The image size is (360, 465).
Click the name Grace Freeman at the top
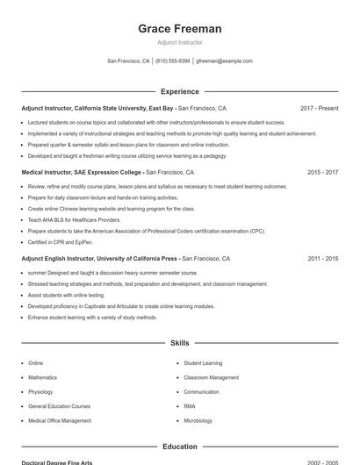point(180,29)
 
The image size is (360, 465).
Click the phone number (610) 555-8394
point(173,61)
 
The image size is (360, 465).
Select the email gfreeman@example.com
point(224,61)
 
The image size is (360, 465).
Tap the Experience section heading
point(180,91)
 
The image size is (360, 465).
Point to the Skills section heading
point(180,343)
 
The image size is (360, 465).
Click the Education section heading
point(180,447)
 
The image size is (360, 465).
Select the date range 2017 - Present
point(319,109)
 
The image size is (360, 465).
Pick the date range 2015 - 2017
point(322,173)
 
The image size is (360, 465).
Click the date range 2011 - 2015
point(322,259)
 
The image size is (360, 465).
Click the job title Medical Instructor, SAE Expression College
point(81,173)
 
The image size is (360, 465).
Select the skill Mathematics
point(44,377)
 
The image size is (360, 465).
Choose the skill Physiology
point(40,392)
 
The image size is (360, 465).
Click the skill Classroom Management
point(211,377)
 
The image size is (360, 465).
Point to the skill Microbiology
point(199,420)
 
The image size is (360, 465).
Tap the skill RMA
point(190,406)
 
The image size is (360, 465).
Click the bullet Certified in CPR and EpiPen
point(61,242)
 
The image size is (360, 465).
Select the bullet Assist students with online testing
point(66,296)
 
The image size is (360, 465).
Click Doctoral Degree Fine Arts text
point(57,462)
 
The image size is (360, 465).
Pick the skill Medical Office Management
point(60,420)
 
